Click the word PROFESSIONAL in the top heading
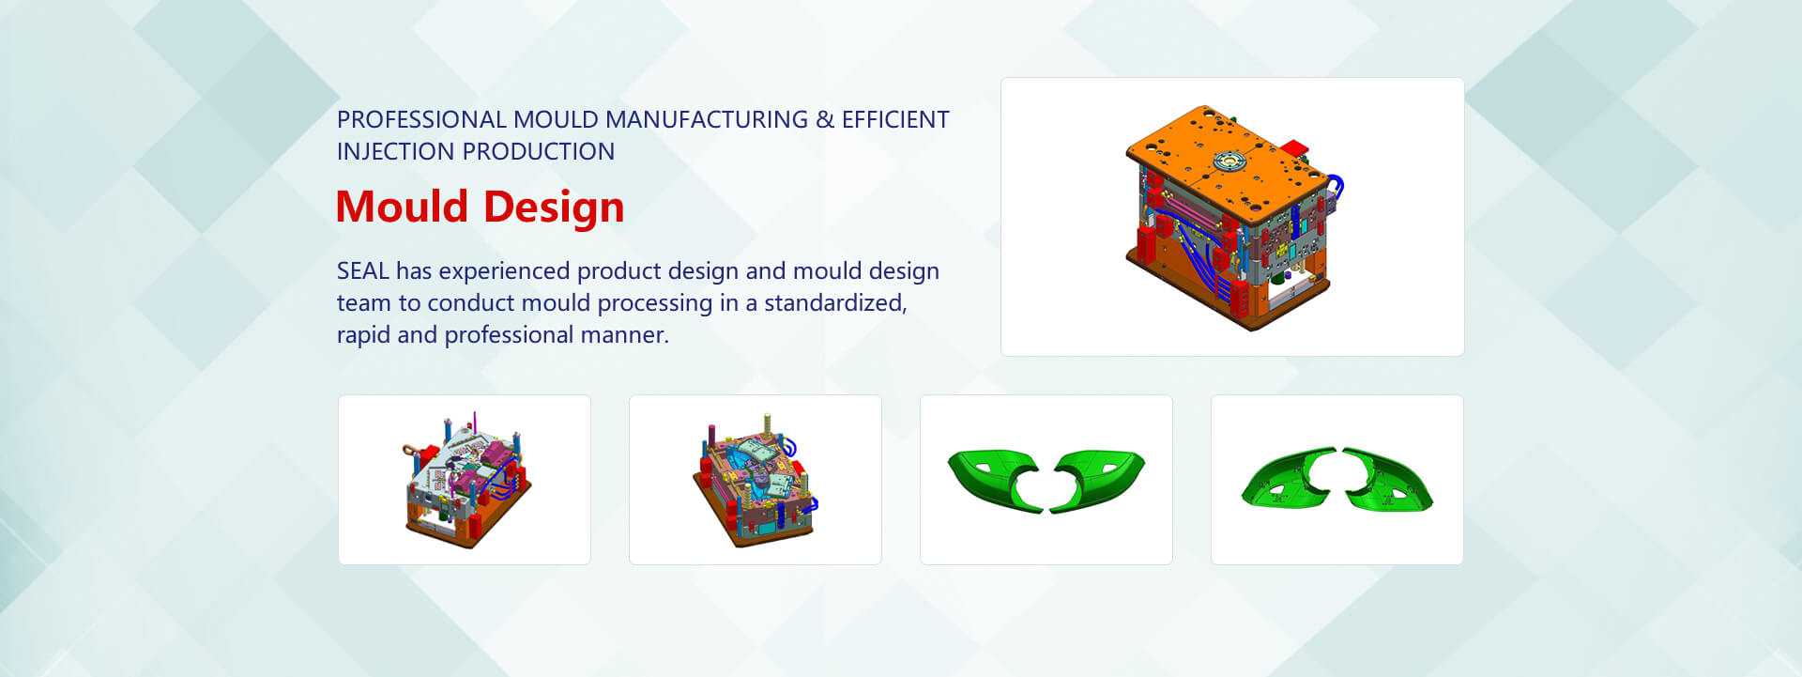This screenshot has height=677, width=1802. (421, 120)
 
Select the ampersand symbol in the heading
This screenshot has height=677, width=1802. (825, 120)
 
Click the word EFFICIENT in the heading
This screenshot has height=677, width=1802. (895, 120)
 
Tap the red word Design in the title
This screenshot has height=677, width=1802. (554, 208)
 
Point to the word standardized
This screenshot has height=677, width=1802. (834, 303)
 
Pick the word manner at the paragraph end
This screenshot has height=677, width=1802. (621, 335)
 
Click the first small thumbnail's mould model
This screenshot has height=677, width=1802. (466, 479)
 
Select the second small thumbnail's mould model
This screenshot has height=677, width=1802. (756, 480)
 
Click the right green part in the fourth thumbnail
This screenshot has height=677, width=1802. (1387, 480)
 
